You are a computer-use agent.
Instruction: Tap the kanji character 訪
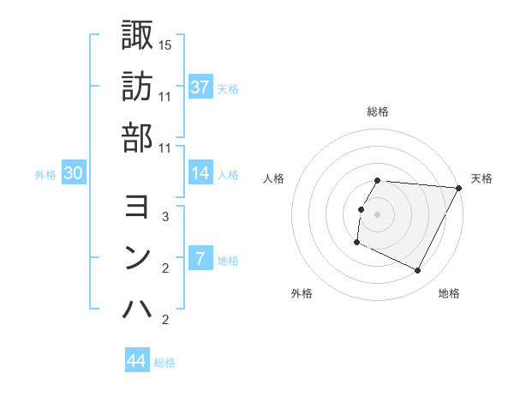point(137,87)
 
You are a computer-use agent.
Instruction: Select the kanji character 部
point(137,137)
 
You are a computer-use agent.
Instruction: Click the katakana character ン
point(137,257)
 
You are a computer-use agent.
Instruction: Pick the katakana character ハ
point(137,309)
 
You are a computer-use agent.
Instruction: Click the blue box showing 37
point(200,87)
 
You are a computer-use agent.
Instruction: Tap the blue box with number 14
point(200,174)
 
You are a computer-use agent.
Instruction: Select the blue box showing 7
point(200,259)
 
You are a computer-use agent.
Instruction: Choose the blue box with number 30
point(74,174)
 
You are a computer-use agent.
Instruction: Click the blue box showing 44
point(137,361)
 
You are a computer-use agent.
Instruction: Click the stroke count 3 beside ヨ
point(165,217)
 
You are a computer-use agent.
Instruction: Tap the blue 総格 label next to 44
point(165,363)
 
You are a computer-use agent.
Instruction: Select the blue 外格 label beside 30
point(45,175)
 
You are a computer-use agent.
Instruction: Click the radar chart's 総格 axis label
point(378,111)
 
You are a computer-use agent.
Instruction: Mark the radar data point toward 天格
point(459,188)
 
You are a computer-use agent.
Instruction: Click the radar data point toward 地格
point(418,271)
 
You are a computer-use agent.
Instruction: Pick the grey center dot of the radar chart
point(378,214)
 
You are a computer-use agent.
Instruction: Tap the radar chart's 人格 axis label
point(274,178)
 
